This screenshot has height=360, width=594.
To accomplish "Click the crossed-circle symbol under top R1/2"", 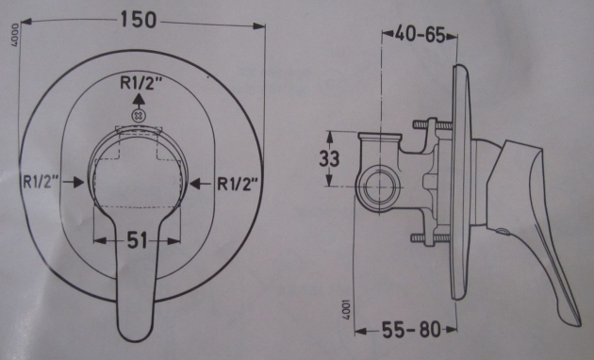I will click(139, 115).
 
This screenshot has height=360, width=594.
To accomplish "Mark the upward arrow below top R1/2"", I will click(139, 97).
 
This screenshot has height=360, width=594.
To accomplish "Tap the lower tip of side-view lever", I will click(570, 317).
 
